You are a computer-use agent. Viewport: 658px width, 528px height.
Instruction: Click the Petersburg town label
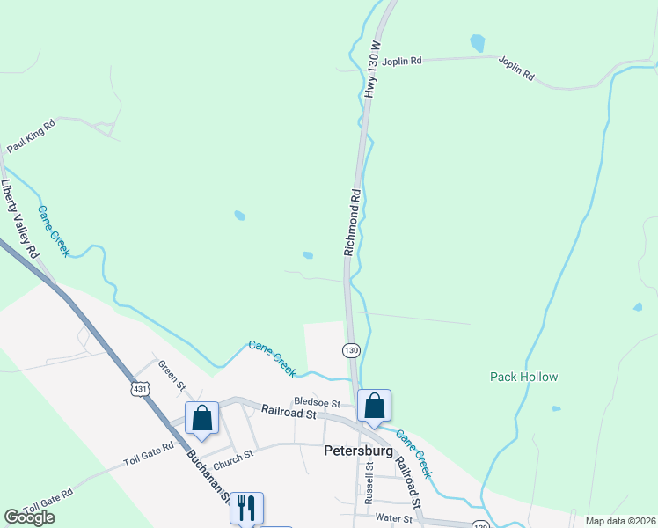click(356, 451)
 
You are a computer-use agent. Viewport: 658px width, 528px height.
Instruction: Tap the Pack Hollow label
click(523, 377)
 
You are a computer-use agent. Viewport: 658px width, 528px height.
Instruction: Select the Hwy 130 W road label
click(373, 69)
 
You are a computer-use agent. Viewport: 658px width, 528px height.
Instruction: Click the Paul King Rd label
click(31, 137)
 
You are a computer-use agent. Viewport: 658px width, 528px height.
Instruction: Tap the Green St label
click(172, 374)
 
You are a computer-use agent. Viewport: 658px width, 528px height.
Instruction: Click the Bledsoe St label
click(317, 401)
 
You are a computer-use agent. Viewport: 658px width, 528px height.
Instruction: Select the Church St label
click(233, 456)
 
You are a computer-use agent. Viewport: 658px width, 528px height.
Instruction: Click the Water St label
click(392, 518)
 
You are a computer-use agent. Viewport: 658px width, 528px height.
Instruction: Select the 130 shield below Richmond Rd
click(351, 350)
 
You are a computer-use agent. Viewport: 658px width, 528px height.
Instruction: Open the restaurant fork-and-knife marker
click(246, 506)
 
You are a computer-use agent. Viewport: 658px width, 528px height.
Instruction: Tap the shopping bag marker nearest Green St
click(201, 417)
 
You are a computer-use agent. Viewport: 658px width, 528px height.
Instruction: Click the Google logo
click(29, 517)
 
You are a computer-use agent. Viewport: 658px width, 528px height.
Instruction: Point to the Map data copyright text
click(621, 521)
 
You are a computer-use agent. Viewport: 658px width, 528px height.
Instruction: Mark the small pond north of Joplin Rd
click(477, 42)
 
